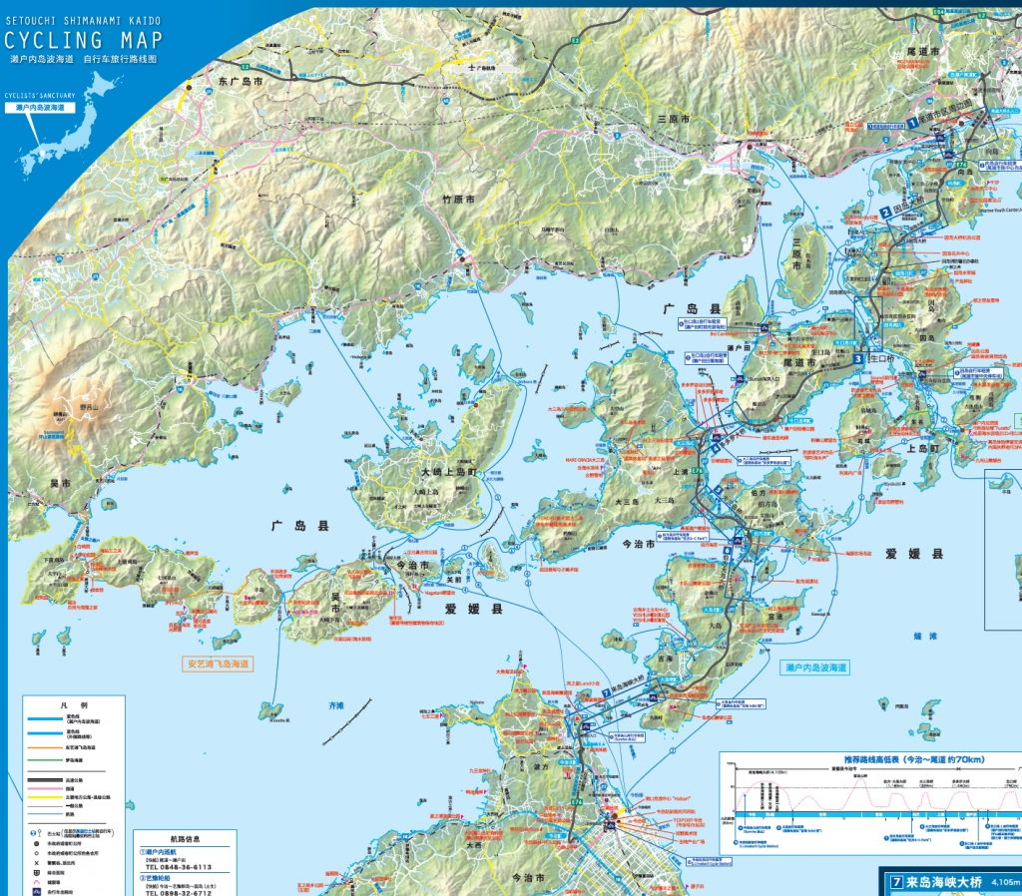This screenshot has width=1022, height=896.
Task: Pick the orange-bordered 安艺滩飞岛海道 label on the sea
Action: [219, 663]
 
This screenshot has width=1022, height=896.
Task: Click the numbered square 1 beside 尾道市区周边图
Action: [911, 124]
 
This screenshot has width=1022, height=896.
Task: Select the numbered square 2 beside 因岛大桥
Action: [885, 212]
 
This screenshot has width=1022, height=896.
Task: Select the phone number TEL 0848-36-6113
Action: [179, 867]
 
